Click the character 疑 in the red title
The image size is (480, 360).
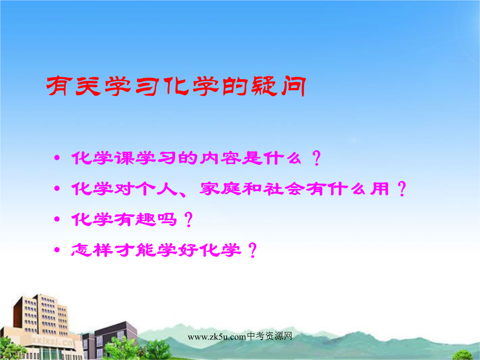[264, 86]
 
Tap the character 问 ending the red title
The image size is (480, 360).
[293, 86]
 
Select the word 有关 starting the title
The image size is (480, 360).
[73, 86]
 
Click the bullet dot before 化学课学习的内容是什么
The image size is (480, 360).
[56, 158]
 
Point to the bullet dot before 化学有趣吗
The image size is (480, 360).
[56, 219]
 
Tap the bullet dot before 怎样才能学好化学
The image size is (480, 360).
[56, 250]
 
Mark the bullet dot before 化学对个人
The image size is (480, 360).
[56, 188]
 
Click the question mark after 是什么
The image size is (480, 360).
[316, 158]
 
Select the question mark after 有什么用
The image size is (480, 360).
[402, 188]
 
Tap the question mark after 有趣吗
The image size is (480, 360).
[188, 219]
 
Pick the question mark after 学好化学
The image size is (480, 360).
[252, 250]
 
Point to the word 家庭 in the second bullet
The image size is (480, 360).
[220, 188]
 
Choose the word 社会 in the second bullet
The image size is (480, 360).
[284, 188]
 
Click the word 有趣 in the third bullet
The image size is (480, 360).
[135, 219]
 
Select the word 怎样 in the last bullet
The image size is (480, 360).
[92, 250]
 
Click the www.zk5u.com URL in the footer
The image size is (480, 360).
[217, 337]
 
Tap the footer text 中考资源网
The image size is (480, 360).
[269, 336]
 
